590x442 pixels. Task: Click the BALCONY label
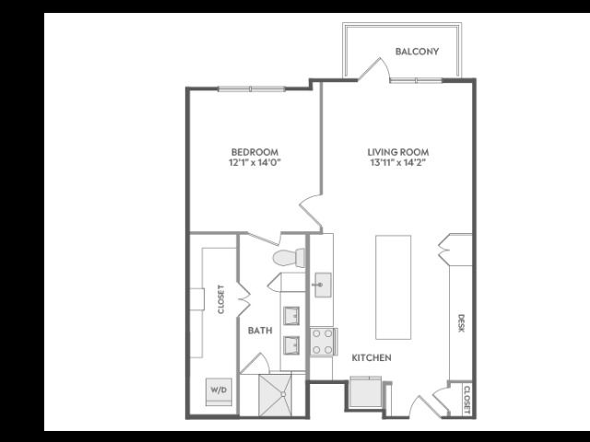pos(417,52)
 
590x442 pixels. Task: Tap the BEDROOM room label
pos(254,152)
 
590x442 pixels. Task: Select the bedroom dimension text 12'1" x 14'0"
pos(254,163)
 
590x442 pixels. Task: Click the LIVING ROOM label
pos(398,152)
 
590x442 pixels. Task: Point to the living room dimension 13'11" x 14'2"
pos(398,163)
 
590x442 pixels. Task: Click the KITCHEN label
pos(372,358)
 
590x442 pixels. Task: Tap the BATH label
pos(260,331)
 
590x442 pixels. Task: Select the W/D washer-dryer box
pos(218,391)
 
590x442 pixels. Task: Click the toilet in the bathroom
pos(289,258)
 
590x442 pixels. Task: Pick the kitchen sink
pos(323,285)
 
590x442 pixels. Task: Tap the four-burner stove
pos(324,342)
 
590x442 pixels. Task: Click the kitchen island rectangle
pos(394,287)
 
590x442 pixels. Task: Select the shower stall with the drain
pos(275,395)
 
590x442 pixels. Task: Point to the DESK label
pos(461,323)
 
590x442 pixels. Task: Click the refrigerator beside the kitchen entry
pos(365,391)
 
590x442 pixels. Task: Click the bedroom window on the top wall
pos(252,88)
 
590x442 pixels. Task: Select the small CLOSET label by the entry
pos(467,400)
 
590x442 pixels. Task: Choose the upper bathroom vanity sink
pos(291,316)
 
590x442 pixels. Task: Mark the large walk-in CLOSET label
pos(221,299)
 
